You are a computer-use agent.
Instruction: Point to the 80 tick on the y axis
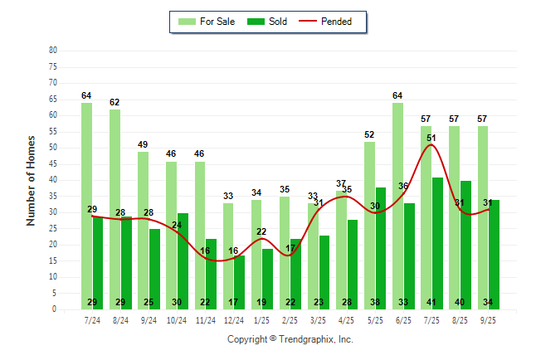53,50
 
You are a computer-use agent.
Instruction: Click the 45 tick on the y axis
53,163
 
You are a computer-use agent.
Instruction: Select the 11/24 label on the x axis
205,319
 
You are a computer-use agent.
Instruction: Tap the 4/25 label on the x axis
347,319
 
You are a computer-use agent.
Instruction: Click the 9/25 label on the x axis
488,319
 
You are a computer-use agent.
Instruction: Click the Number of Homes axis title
31,180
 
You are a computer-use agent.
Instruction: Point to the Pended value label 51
431,138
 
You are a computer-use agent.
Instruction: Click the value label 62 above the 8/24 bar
115,103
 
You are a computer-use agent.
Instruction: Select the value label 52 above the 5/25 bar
369,134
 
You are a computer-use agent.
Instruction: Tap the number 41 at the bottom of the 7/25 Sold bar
431,302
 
